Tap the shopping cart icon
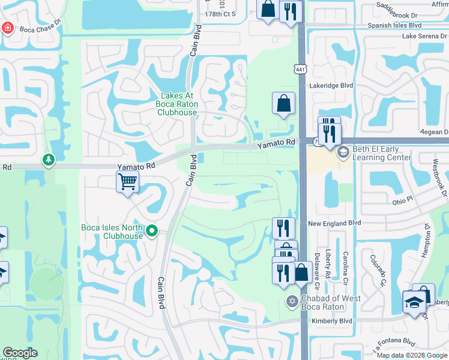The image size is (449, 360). [x=127, y=181]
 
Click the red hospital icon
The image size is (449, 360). [x=7, y=28]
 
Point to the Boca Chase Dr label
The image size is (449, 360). [x=41, y=28]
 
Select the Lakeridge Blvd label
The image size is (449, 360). [x=331, y=86]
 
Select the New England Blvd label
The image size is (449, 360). [x=334, y=223]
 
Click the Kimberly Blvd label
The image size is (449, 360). [x=331, y=321]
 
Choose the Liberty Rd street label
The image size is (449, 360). [x=328, y=264]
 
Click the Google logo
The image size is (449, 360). [x=20, y=353]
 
